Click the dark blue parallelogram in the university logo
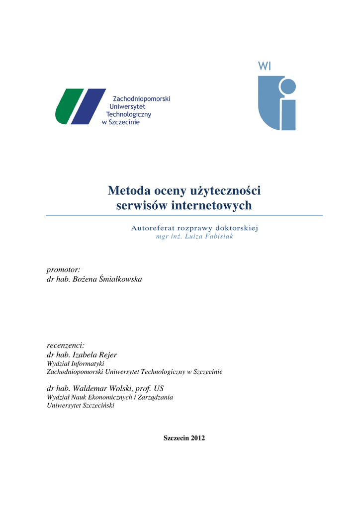89,106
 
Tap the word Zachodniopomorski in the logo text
142,99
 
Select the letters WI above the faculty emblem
264,66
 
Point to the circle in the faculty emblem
287,87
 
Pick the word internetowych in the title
212,205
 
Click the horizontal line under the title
184,215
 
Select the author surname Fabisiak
218,237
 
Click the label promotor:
63,269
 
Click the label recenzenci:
66,345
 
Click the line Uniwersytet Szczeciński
80,406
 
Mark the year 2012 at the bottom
197,438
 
